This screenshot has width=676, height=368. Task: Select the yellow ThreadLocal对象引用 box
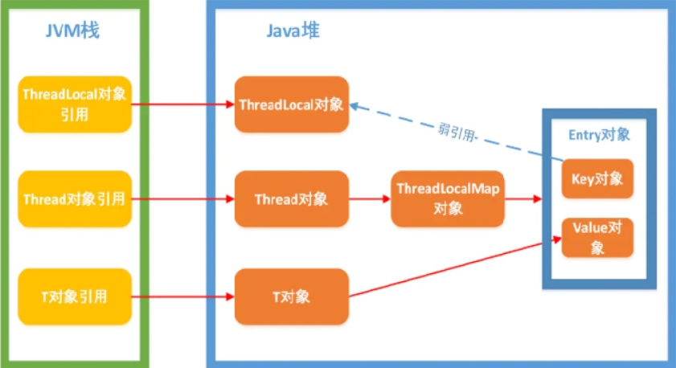click(74, 104)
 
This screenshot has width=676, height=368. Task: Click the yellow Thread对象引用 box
click(74, 198)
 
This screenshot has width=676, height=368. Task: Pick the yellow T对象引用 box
click(74, 296)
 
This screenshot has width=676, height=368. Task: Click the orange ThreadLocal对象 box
click(291, 104)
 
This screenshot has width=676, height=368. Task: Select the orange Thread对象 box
click(291, 198)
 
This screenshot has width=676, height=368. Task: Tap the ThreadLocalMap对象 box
click(448, 198)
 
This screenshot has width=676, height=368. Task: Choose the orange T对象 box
click(291, 296)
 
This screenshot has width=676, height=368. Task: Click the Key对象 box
click(597, 178)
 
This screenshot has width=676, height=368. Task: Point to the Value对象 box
click(597, 237)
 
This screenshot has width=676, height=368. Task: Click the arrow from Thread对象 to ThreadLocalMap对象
click(370, 198)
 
